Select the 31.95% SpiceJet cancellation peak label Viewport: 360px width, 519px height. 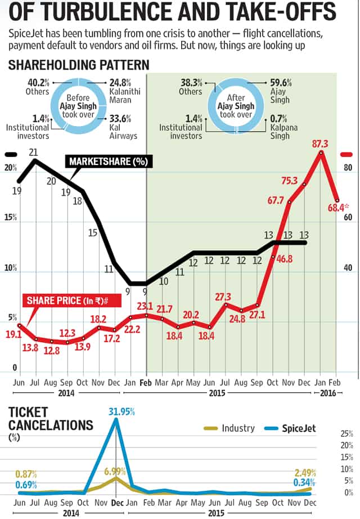point(121,411)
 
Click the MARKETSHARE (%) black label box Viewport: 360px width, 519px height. point(109,162)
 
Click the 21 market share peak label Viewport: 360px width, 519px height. point(34,153)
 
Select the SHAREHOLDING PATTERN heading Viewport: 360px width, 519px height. point(78,65)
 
